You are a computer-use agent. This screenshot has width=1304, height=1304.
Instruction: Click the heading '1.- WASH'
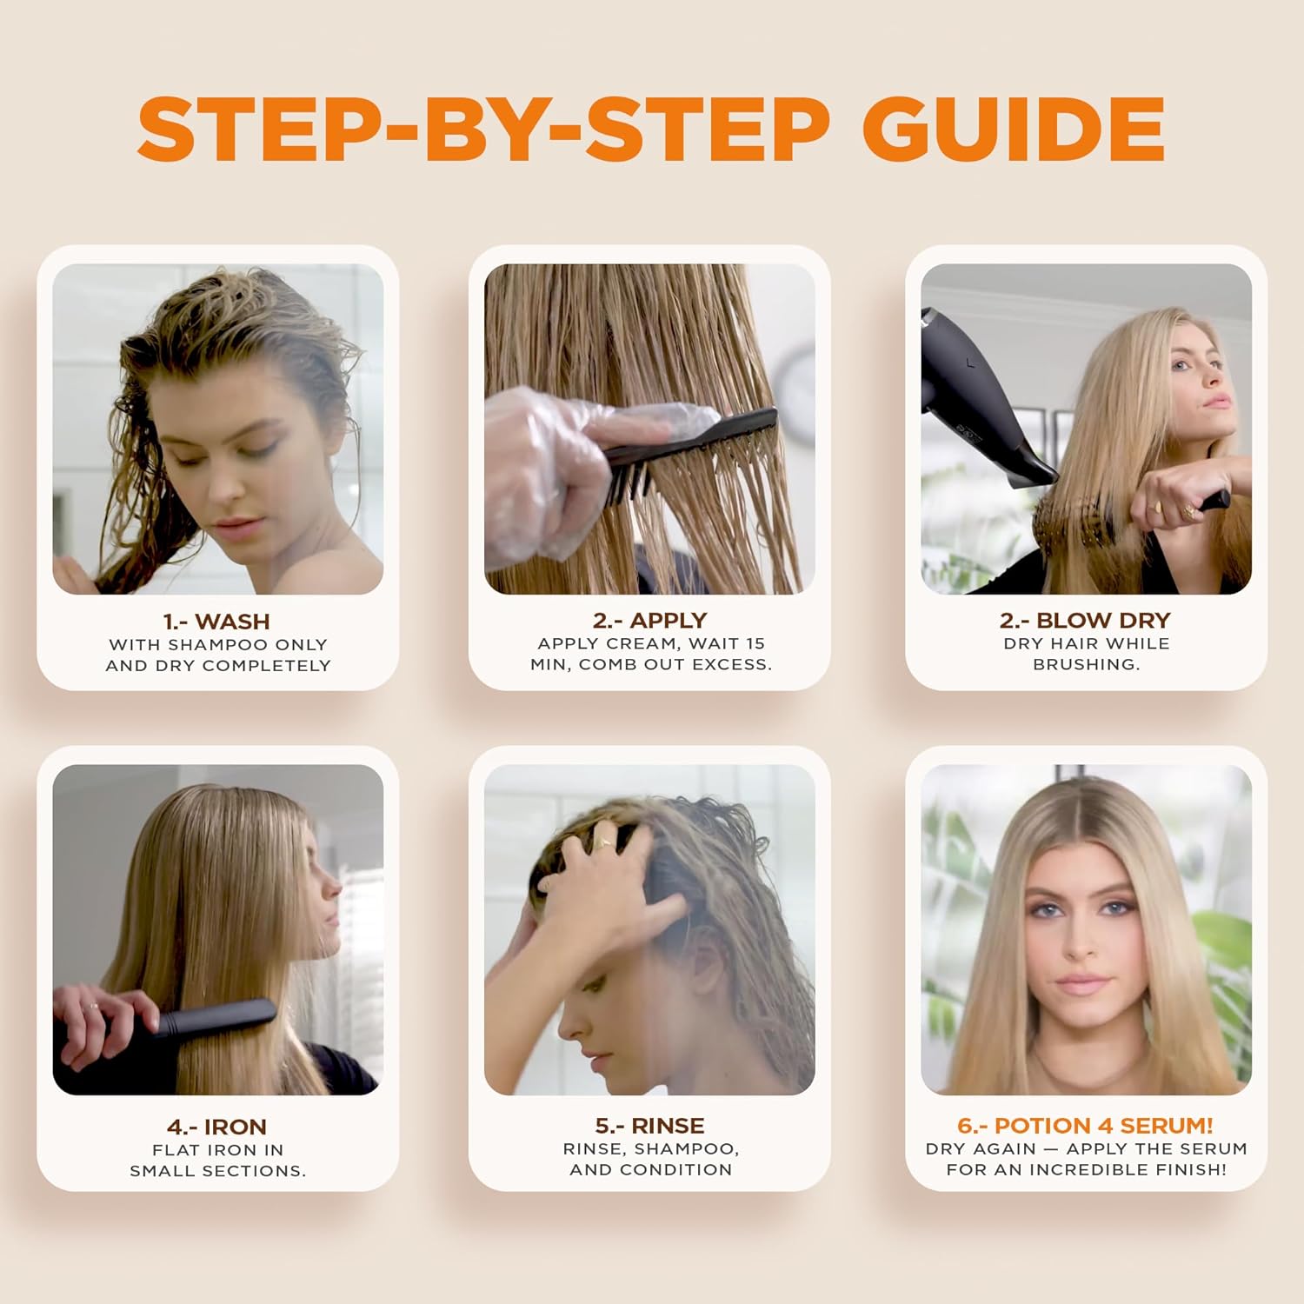pos(216,622)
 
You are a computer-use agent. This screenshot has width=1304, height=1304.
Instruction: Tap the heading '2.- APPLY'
pos(650,620)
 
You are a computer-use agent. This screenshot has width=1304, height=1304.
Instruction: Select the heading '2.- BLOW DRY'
pos(1085,620)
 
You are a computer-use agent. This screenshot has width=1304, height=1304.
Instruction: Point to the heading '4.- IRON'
pos(216,1127)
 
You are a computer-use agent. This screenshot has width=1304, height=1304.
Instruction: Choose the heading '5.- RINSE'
pos(650,1126)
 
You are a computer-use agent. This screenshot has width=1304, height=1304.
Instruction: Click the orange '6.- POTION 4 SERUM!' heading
pos(1085,1126)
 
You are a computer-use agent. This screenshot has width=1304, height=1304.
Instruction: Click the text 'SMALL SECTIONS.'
pos(217,1171)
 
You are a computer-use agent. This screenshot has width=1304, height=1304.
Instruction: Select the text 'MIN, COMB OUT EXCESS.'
pos(650,664)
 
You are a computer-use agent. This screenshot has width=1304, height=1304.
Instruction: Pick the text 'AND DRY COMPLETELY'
pos(218,665)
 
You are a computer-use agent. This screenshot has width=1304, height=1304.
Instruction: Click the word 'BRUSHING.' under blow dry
pos(1086,664)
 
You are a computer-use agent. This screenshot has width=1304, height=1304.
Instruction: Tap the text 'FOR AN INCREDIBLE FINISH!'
pos(1086,1170)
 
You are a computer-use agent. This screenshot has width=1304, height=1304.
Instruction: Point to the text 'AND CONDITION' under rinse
pos(650,1170)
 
